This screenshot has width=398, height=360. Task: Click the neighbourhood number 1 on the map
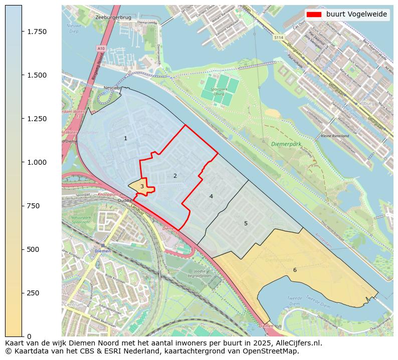pos(125,138)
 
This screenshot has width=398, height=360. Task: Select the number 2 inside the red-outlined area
pos(175,176)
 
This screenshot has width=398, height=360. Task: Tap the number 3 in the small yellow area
pos(142,186)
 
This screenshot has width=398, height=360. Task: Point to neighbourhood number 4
pos(211,196)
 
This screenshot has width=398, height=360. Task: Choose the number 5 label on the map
pos(246,223)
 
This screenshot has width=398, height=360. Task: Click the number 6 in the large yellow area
pos(295,270)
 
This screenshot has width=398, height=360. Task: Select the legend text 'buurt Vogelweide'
pos(356,15)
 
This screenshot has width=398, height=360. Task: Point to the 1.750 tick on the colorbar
pos(37,32)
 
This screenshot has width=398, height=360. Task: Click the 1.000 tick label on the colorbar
pos(37,162)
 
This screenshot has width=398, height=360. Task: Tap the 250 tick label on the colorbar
pos(34,293)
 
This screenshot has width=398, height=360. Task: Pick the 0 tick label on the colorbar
pos(29,336)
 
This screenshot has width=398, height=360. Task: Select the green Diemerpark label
pos(286,144)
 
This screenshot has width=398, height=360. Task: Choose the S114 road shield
pos(279,38)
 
